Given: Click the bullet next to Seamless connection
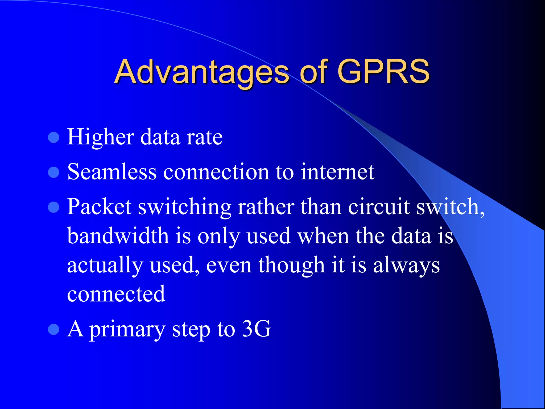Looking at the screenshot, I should click(53, 172).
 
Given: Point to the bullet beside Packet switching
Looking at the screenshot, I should click(53, 207).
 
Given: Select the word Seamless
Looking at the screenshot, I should click(112, 172).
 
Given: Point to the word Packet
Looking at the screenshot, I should click(99, 207).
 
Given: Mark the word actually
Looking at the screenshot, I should click(105, 265).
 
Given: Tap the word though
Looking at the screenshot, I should click(291, 265).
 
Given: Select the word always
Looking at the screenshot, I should click(406, 265).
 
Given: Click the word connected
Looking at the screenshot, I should click(116, 294).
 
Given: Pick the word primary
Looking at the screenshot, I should click(127, 330).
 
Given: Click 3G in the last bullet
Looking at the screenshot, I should click(257, 329).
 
